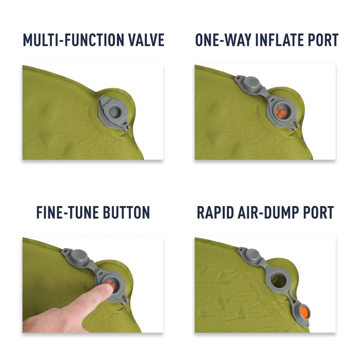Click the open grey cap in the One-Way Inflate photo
click(249, 84)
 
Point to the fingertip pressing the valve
click(106, 291)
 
